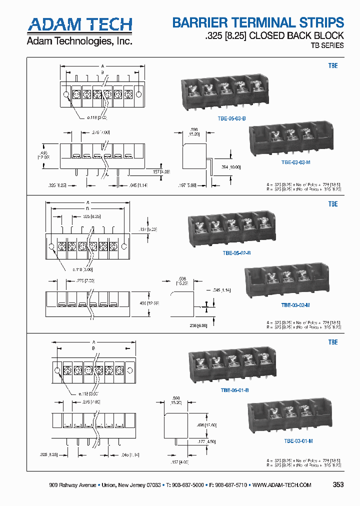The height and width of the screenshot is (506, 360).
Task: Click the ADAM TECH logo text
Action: tap(79, 24)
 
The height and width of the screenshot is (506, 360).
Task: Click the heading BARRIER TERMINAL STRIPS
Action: tap(258, 22)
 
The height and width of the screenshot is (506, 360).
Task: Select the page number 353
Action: tap(338, 484)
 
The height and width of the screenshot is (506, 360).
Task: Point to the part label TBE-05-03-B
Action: tap(232, 118)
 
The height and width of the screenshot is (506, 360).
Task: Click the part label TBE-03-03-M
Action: tap(296, 162)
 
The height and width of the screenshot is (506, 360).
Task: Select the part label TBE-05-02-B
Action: tap(236, 253)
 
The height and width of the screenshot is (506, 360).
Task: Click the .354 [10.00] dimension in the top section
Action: tap(230, 167)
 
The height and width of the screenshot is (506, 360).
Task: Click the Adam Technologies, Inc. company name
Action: tap(79, 41)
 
